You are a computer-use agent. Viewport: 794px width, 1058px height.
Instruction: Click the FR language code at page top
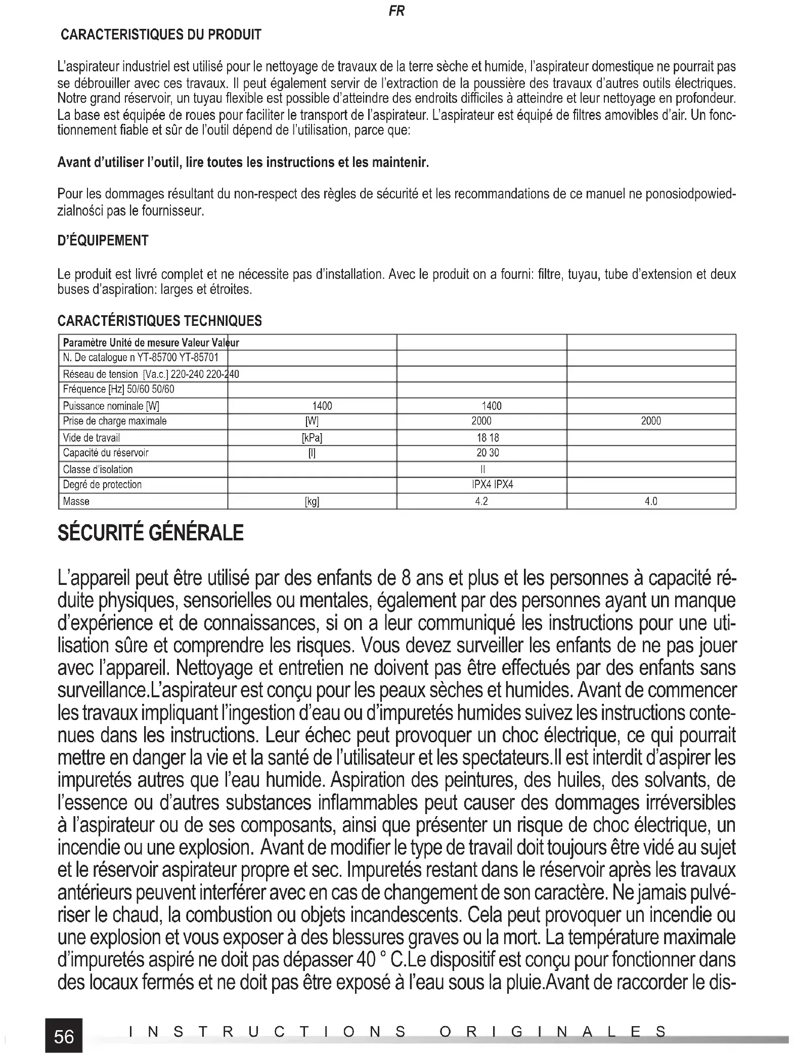(x=396, y=11)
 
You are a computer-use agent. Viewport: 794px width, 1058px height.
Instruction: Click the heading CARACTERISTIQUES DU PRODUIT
(x=161, y=35)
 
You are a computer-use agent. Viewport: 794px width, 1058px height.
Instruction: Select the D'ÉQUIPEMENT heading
(x=103, y=240)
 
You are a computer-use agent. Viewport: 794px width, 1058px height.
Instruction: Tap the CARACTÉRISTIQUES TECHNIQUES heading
(x=160, y=321)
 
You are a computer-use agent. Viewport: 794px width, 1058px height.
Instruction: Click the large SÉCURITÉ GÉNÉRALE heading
(x=151, y=533)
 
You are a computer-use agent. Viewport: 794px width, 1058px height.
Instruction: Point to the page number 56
(x=64, y=1037)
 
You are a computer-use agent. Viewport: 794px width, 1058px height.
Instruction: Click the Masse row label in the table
(x=76, y=501)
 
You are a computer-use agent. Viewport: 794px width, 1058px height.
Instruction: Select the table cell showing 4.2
(x=481, y=501)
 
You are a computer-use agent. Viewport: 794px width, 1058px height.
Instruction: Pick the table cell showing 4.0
(x=651, y=501)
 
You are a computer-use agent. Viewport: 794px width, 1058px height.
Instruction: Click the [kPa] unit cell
(x=312, y=438)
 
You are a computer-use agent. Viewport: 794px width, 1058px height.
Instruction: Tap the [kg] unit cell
(x=312, y=501)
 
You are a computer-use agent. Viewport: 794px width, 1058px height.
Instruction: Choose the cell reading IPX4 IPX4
(x=492, y=485)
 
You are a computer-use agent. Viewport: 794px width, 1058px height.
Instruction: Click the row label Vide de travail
(x=92, y=438)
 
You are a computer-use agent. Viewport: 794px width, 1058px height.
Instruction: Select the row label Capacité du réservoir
(x=106, y=453)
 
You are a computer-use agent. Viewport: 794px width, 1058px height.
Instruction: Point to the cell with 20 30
(x=488, y=453)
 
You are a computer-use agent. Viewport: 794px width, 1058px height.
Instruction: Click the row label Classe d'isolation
(x=98, y=470)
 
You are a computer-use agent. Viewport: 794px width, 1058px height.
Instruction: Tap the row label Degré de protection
(x=102, y=485)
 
